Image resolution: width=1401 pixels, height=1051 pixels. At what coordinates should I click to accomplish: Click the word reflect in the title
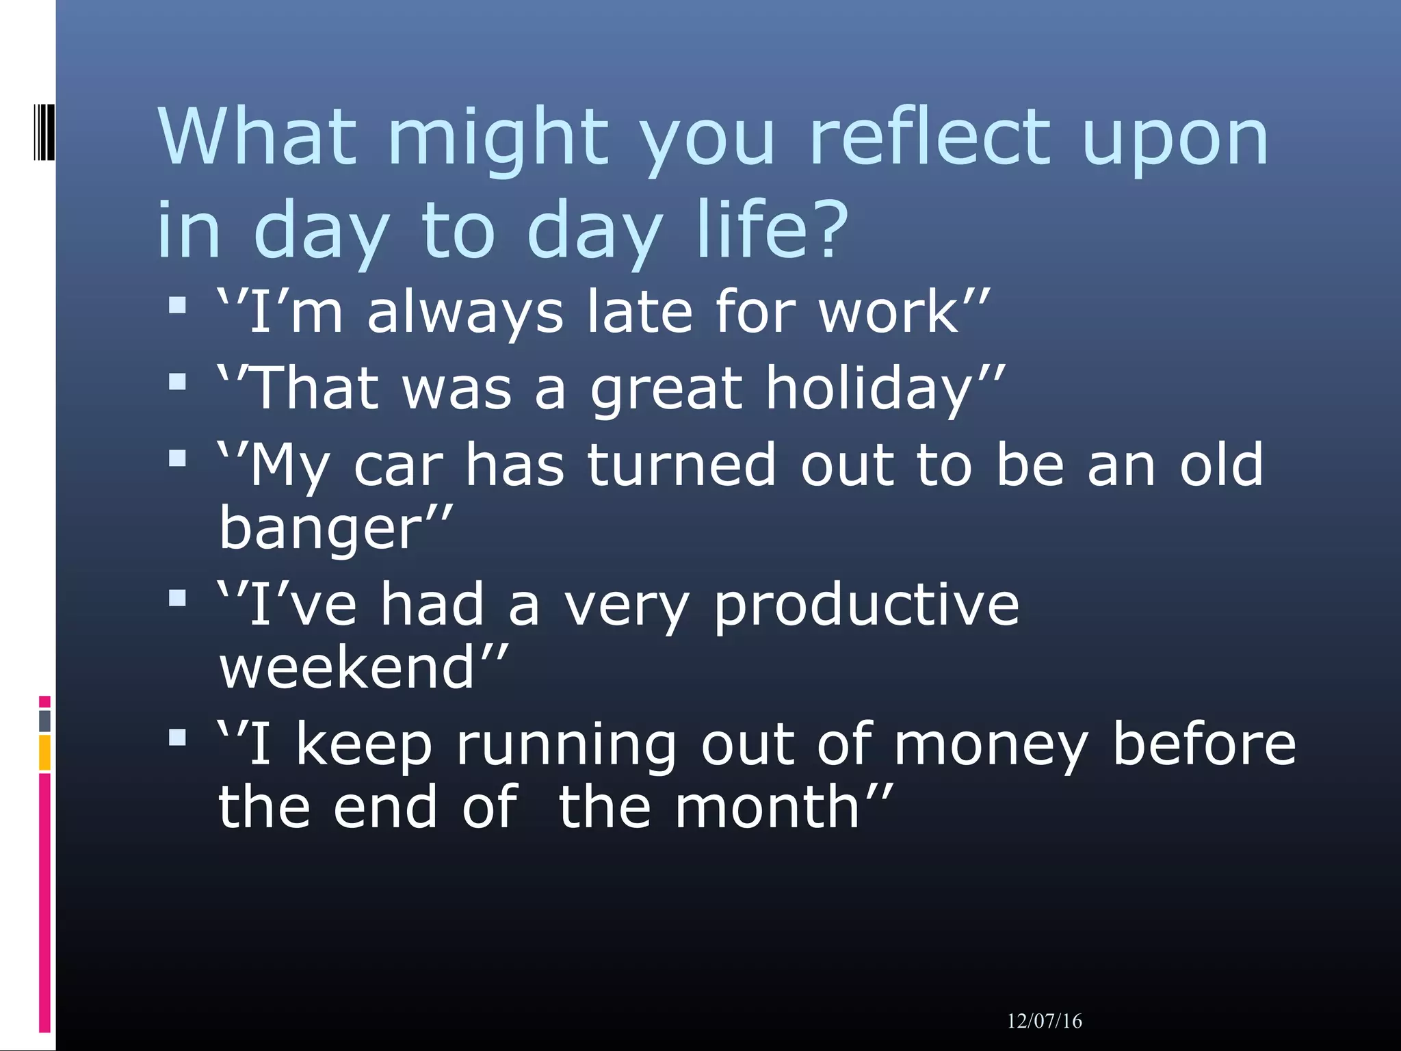pyautogui.click(x=929, y=137)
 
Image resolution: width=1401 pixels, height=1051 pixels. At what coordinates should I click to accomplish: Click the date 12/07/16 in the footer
pyautogui.click(x=1044, y=1021)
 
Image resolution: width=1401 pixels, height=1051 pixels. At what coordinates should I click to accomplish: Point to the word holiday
pyautogui.click(x=876, y=389)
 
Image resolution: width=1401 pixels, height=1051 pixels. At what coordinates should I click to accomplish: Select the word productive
pyautogui.click(x=866, y=605)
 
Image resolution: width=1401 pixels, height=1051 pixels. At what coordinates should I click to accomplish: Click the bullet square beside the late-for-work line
pyautogui.click(x=177, y=304)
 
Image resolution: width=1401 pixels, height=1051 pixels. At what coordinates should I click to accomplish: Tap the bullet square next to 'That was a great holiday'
pyautogui.click(x=177, y=381)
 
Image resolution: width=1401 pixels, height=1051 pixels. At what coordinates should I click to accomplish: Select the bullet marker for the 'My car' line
pyautogui.click(x=177, y=458)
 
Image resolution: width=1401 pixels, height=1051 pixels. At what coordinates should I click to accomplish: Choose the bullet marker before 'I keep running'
pyautogui.click(x=177, y=738)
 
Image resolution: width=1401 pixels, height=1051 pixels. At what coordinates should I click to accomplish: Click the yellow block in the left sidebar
pyautogui.click(x=44, y=753)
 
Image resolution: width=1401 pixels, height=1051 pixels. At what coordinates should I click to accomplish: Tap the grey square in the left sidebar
pyautogui.click(x=44, y=721)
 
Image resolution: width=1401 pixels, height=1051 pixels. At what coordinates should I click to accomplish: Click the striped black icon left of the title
pyautogui.click(x=44, y=131)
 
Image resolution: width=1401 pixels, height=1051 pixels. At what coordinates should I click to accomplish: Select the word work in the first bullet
pyautogui.click(x=890, y=312)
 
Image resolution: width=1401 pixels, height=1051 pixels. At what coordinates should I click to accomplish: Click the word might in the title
pyautogui.click(x=497, y=140)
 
